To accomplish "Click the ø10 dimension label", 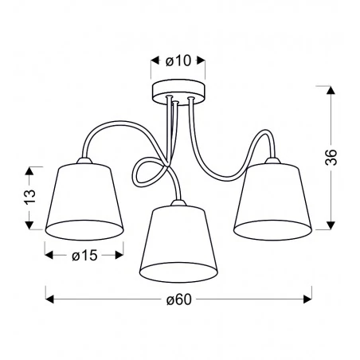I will click(x=178, y=59).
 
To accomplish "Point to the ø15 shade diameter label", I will click(x=84, y=255).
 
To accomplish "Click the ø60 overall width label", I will click(x=180, y=299).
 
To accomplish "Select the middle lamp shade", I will click(x=175, y=239).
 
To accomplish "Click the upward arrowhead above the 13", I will click(x=29, y=170).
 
